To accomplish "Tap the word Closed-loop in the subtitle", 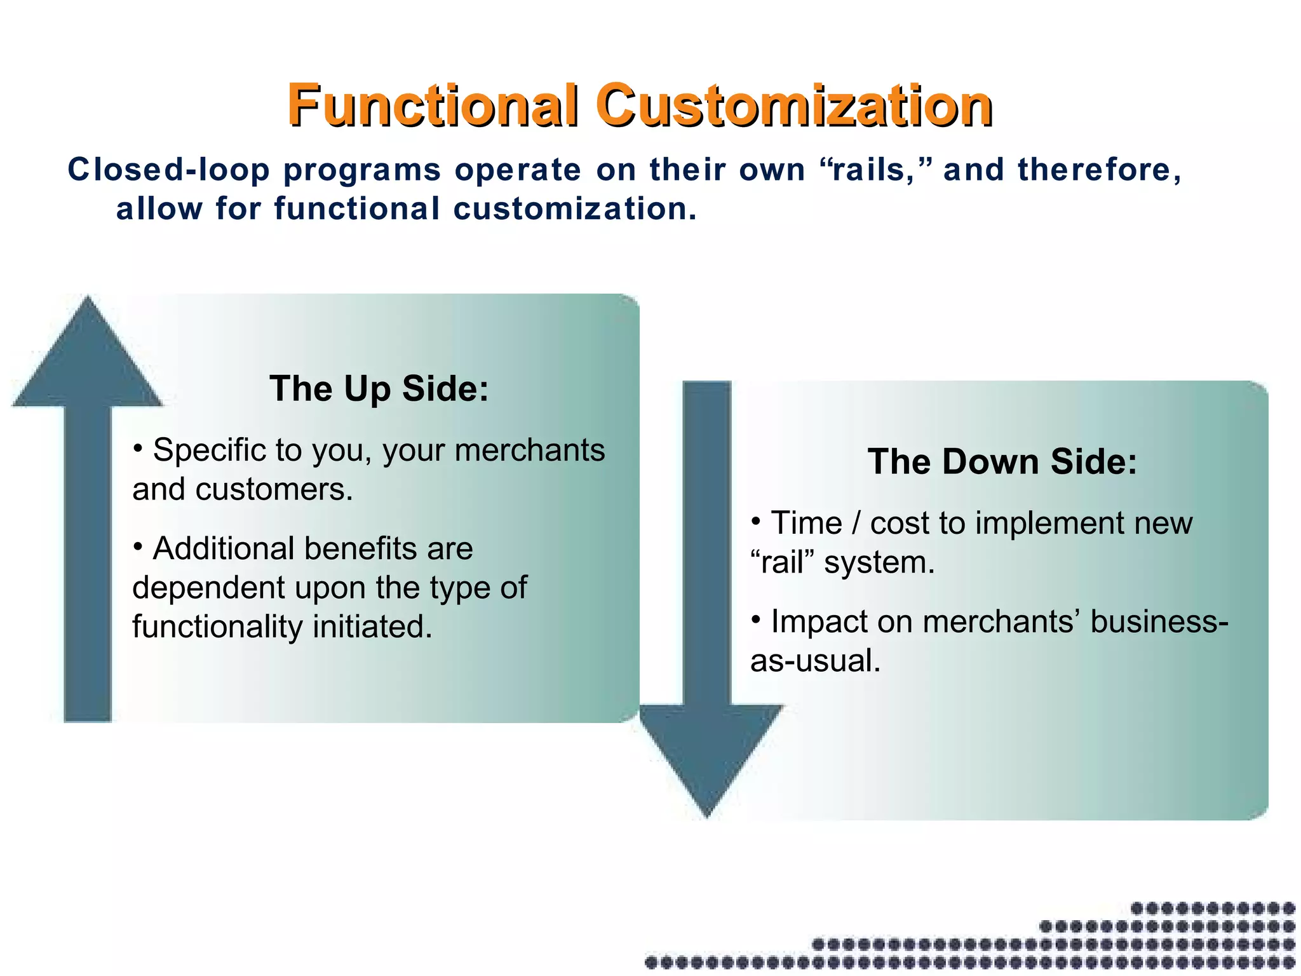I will [x=168, y=170].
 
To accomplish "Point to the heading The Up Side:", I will [x=379, y=388].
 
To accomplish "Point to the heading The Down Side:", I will [x=1002, y=461].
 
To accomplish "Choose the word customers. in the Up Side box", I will [x=274, y=490].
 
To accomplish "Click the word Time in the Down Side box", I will [x=806, y=524].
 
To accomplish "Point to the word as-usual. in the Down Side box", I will [x=815, y=661].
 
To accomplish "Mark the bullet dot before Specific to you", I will [x=138, y=449].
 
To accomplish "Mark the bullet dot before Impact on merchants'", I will [x=755, y=619].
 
